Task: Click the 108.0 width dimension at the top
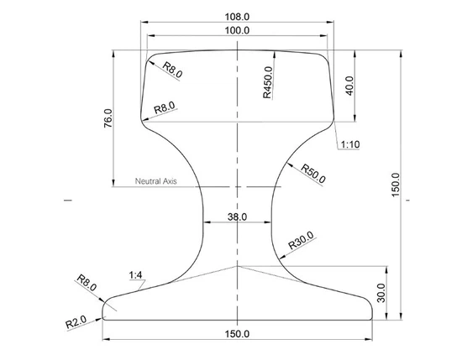238,15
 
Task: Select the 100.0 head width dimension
238,31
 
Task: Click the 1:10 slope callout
350,144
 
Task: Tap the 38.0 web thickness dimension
238,217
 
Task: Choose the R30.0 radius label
302,240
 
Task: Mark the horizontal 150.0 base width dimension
238,334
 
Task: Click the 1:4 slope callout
136,275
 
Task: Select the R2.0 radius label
77,320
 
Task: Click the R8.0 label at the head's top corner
172,70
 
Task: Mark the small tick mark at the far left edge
65,201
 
